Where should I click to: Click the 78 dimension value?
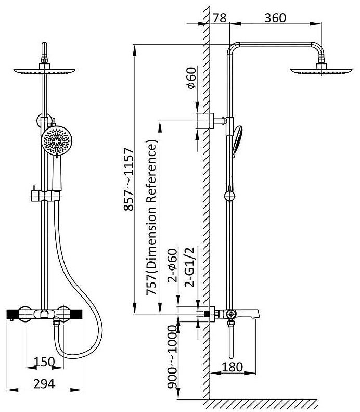tap(219, 18)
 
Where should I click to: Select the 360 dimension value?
tap(275, 18)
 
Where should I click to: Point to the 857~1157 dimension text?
tap(129, 179)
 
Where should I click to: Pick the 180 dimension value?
tap(232, 367)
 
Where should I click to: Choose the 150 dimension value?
tap(46, 362)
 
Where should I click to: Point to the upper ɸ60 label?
tap(191, 78)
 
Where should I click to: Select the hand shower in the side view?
tap(239, 139)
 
